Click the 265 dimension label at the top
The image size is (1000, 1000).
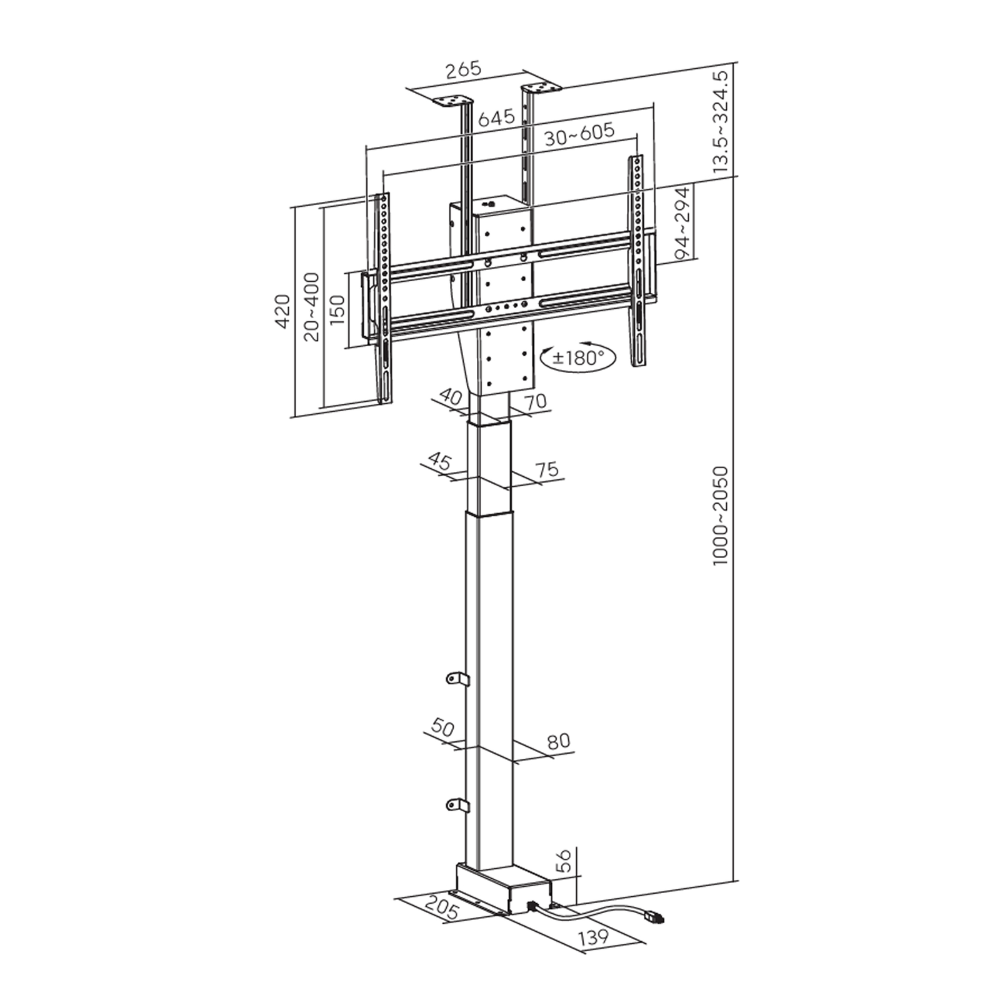click(463, 68)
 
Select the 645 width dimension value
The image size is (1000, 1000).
click(496, 117)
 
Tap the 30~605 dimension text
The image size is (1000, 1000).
click(579, 134)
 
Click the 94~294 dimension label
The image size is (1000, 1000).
click(682, 224)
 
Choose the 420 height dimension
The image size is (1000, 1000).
click(283, 311)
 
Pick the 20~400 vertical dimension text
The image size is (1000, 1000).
click(312, 307)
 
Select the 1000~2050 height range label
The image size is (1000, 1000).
click(721, 516)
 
